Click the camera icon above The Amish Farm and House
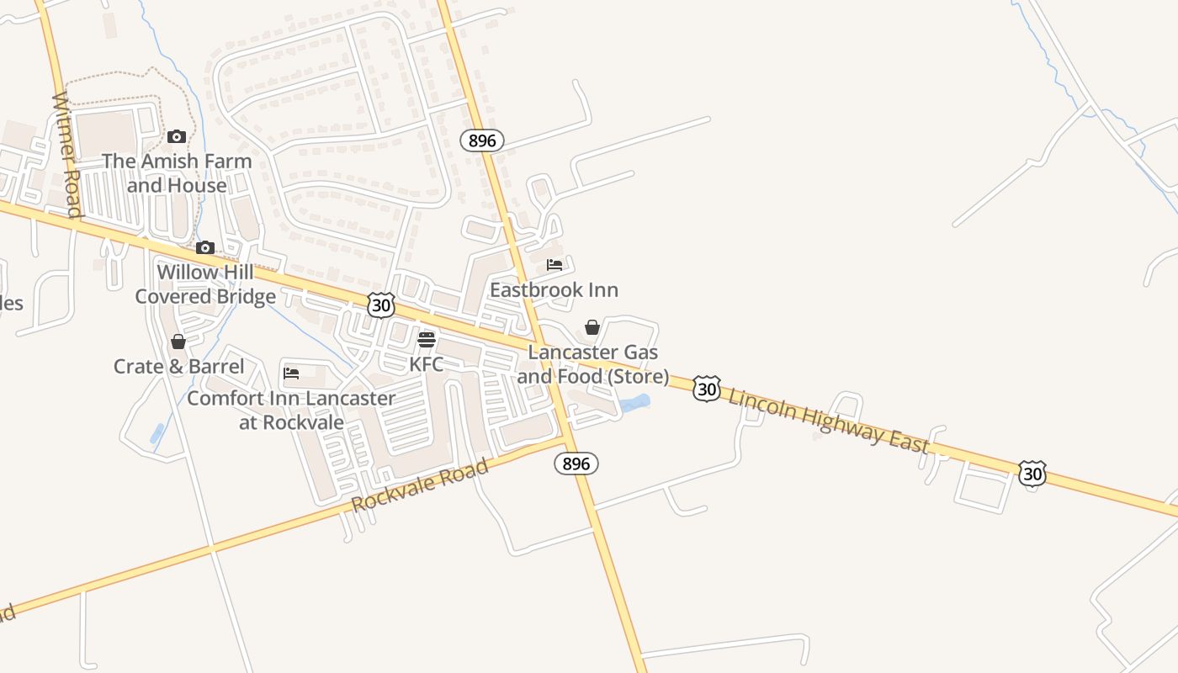177,136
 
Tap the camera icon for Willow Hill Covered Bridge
205,247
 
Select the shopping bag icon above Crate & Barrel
178,342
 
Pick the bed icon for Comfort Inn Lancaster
292,373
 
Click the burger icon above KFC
427,340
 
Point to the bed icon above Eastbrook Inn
555,265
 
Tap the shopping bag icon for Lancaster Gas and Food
592,327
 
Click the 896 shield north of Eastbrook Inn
482,140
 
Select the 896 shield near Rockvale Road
576,464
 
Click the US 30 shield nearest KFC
381,305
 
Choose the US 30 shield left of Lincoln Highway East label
707,389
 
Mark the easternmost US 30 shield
1032,474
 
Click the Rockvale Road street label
420,485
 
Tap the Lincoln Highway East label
828,420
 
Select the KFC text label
426,364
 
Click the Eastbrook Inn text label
554,290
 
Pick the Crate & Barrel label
178,367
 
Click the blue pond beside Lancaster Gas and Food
635,403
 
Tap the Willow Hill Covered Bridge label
205,284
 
